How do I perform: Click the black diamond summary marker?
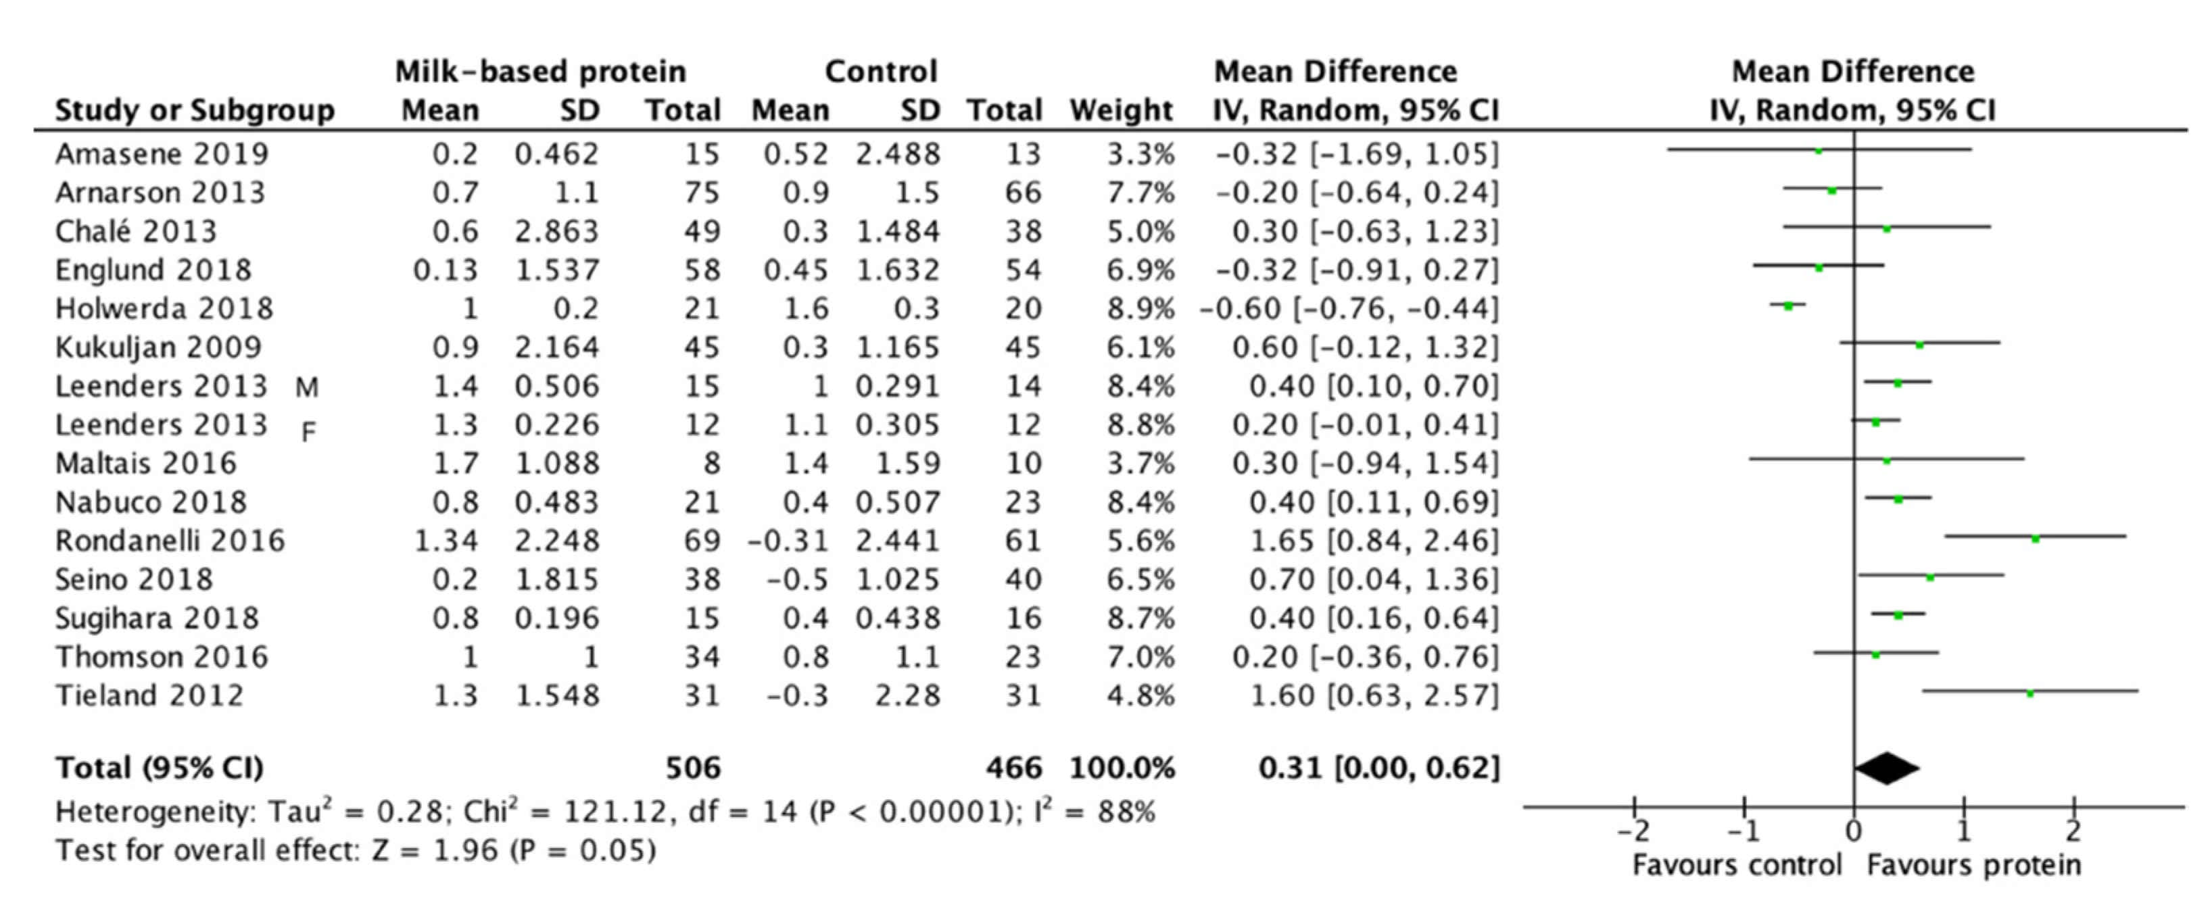pos(1887,768)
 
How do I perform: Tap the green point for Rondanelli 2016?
pos(2035,539)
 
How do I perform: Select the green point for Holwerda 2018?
pos(1788,305)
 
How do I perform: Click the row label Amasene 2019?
pos(162,153)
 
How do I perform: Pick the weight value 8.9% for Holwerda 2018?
pos(1140,308)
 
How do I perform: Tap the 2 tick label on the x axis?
pos(2073,831)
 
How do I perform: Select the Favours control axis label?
pos(1736,864)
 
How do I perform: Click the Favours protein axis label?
pos(1973,864)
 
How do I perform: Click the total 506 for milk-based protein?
pos(693,768)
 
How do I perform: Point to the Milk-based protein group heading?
pos(540,71)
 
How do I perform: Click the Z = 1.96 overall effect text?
pos(434,850)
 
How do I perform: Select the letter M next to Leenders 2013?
pos(307,389)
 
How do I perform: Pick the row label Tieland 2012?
pos(150,695)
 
